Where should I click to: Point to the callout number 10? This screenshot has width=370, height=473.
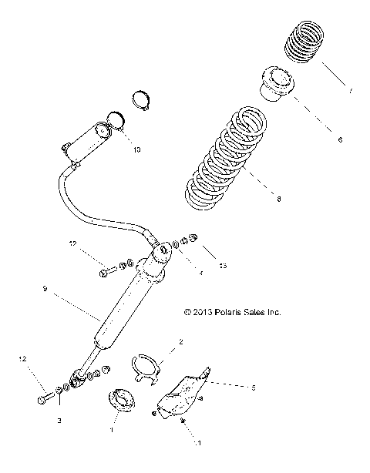(x=137, y=149)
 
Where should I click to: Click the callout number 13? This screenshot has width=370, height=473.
(x=224, y=266)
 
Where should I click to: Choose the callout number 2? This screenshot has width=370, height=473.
(x=180, y=341)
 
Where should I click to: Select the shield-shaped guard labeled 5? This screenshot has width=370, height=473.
(x=182, y=394)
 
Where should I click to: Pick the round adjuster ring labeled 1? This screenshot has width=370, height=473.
(x=120, y=401)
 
